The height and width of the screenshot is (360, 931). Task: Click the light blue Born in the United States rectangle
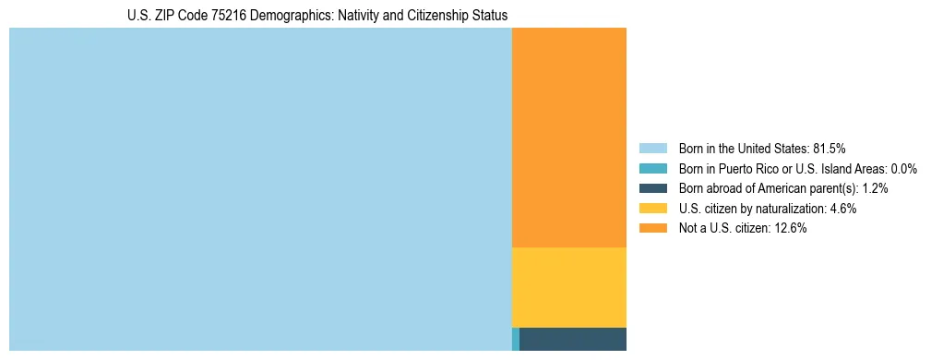[260, 189]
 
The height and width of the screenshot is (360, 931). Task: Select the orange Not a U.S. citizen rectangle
[569, 138]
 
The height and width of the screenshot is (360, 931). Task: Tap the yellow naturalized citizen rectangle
[569, 287]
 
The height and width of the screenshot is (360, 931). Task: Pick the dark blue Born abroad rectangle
[573, 339]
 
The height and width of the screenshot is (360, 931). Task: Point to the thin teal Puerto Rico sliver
[516, 339]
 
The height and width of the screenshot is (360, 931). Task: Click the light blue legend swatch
[652, 149]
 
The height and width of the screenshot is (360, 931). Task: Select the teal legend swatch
[652, 169]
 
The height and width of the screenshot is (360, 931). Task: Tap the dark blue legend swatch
[652, 188]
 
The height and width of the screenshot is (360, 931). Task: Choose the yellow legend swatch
[652, 209]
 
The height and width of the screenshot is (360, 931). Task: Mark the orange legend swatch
[652, 229]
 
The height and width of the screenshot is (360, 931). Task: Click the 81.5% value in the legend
[829, 149]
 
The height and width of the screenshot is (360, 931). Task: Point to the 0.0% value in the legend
[902, 169]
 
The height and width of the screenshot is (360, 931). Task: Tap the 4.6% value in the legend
[843, 209]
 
